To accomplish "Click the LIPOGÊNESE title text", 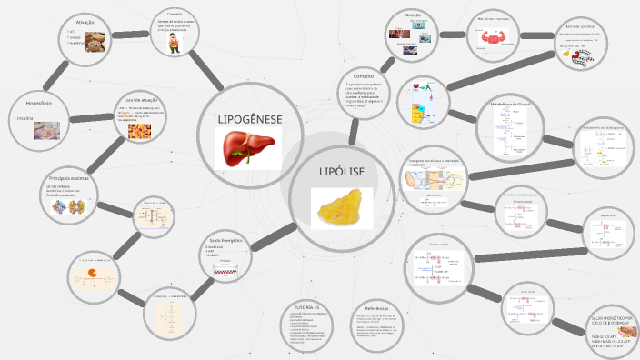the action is click(250, 119).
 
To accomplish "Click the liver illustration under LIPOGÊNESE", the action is click(250, 147).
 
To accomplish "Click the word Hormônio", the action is click(32, 104).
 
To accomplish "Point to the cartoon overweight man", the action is click(175, 47).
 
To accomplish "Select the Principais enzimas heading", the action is click(66, 179).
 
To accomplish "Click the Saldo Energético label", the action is click(225, 241).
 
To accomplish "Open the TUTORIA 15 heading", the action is click(303, 307).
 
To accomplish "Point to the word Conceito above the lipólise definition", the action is click(365, 76).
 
